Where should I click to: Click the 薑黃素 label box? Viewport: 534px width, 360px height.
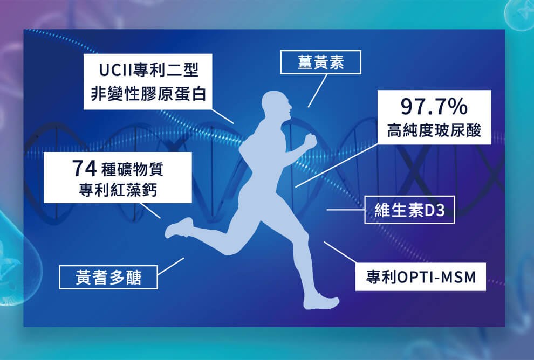click(x=320, y=63)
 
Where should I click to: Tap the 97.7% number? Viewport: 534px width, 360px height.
click(x=434, y=107)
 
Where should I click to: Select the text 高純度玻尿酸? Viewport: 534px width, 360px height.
click(x=434, y=130)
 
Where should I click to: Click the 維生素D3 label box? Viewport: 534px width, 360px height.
click(x=409, y=210)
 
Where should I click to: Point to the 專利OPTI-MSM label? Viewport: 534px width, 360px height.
click(x=421, y=277)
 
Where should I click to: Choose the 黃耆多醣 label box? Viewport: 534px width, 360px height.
click(x=108, y=278)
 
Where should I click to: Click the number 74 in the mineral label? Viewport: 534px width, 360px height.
click(x=84, y=168)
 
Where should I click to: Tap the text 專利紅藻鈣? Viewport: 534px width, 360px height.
click(x=118, y=190)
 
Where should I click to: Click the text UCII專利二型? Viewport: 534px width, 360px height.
click(x=148, y=70)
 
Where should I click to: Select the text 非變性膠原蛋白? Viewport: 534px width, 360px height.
click(x=148, y=94)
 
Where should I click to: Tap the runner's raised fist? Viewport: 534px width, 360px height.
click(x=310, y=141)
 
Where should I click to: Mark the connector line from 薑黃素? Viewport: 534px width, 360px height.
click(x=318, y=91)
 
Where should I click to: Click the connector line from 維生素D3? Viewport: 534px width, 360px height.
click(x=346, y=210)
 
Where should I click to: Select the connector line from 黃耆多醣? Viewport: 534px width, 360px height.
click(x=170, y=266)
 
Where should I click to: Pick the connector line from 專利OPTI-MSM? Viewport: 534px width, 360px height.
click(x=340, y=252)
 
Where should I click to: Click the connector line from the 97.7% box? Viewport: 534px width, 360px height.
click(x=337, y=165)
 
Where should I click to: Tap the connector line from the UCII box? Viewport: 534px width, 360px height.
click(x=223, y=116)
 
